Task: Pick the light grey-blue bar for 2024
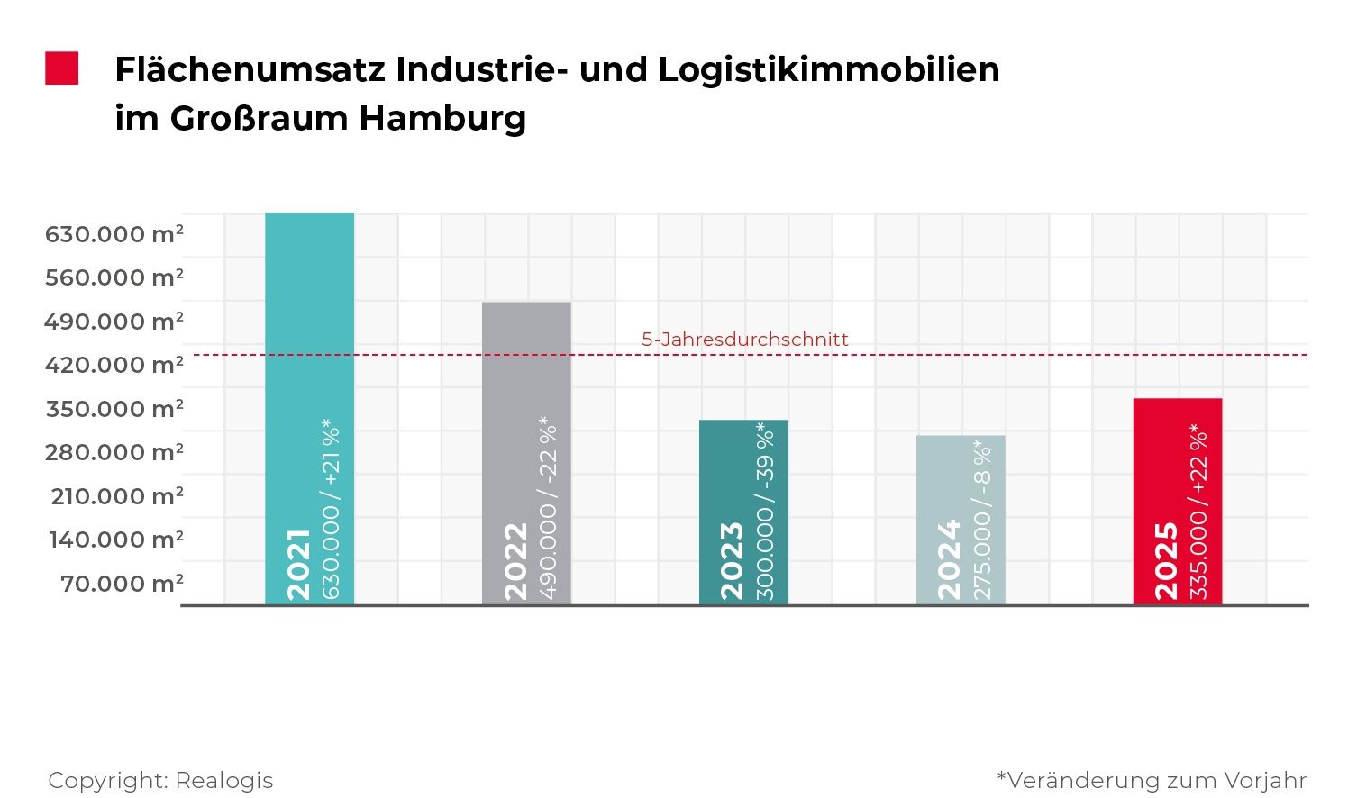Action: tap(961, 477)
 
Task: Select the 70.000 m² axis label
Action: tap(122, 584)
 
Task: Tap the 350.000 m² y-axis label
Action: tap(114, 409)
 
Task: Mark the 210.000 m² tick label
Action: tap(117, 496)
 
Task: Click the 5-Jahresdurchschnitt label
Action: tap(745, 340)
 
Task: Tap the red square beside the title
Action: tap(62, 68)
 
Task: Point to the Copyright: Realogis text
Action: tap(160, 780)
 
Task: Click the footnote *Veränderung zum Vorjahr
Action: tap(1152, 780)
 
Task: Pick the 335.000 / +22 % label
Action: tap(1198, 512)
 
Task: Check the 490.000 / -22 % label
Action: tap(548, 508)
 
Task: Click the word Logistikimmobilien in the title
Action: tap(829, 69)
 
